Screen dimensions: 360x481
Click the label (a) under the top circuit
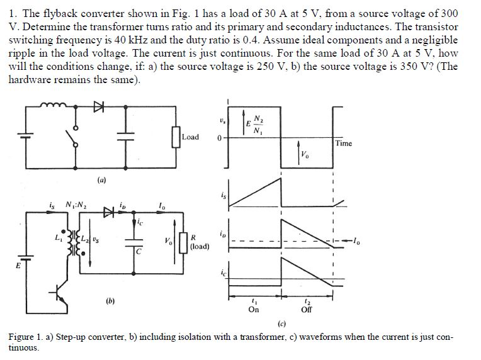pos(101,179)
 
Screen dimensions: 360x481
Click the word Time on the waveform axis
pos(344,143)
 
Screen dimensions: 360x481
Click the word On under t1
pos(254,310)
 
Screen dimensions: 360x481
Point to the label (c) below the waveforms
pos(281,325)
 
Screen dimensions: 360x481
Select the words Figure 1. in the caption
pos(25,337)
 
